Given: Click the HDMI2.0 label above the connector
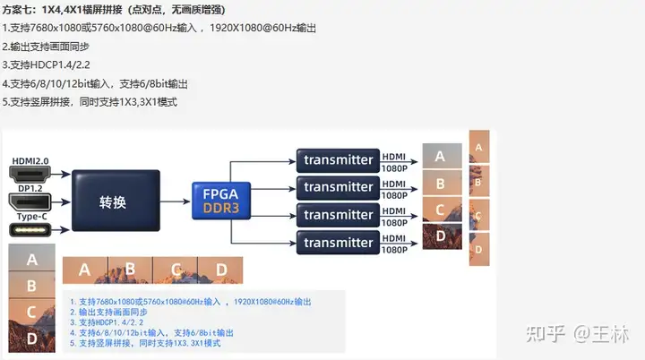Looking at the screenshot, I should click(x=30, y=160).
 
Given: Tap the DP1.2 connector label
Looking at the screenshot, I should click(x=30, y=189).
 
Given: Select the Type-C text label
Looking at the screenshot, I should click(x=30, y=216).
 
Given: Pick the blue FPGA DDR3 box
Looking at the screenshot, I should click(x=221, y=200).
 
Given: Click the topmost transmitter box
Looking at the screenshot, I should click(x=338, y=159).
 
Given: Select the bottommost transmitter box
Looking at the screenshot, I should click(x=338, y=243).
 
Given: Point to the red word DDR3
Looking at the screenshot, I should click(x=221, y=208).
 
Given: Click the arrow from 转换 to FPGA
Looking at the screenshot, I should click(x=176, y=201).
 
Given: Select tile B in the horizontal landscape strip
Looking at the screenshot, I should click(x=130, y=268).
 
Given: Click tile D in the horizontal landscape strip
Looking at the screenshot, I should click(x=222, y=268).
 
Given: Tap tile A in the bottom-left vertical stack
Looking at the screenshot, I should click(x=32, y=260).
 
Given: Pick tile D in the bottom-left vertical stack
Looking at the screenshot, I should click(x=32, y=338).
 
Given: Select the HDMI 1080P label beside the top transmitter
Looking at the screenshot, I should click(x=394, y=159).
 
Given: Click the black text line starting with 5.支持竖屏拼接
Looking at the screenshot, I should click(x=90, y=101).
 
